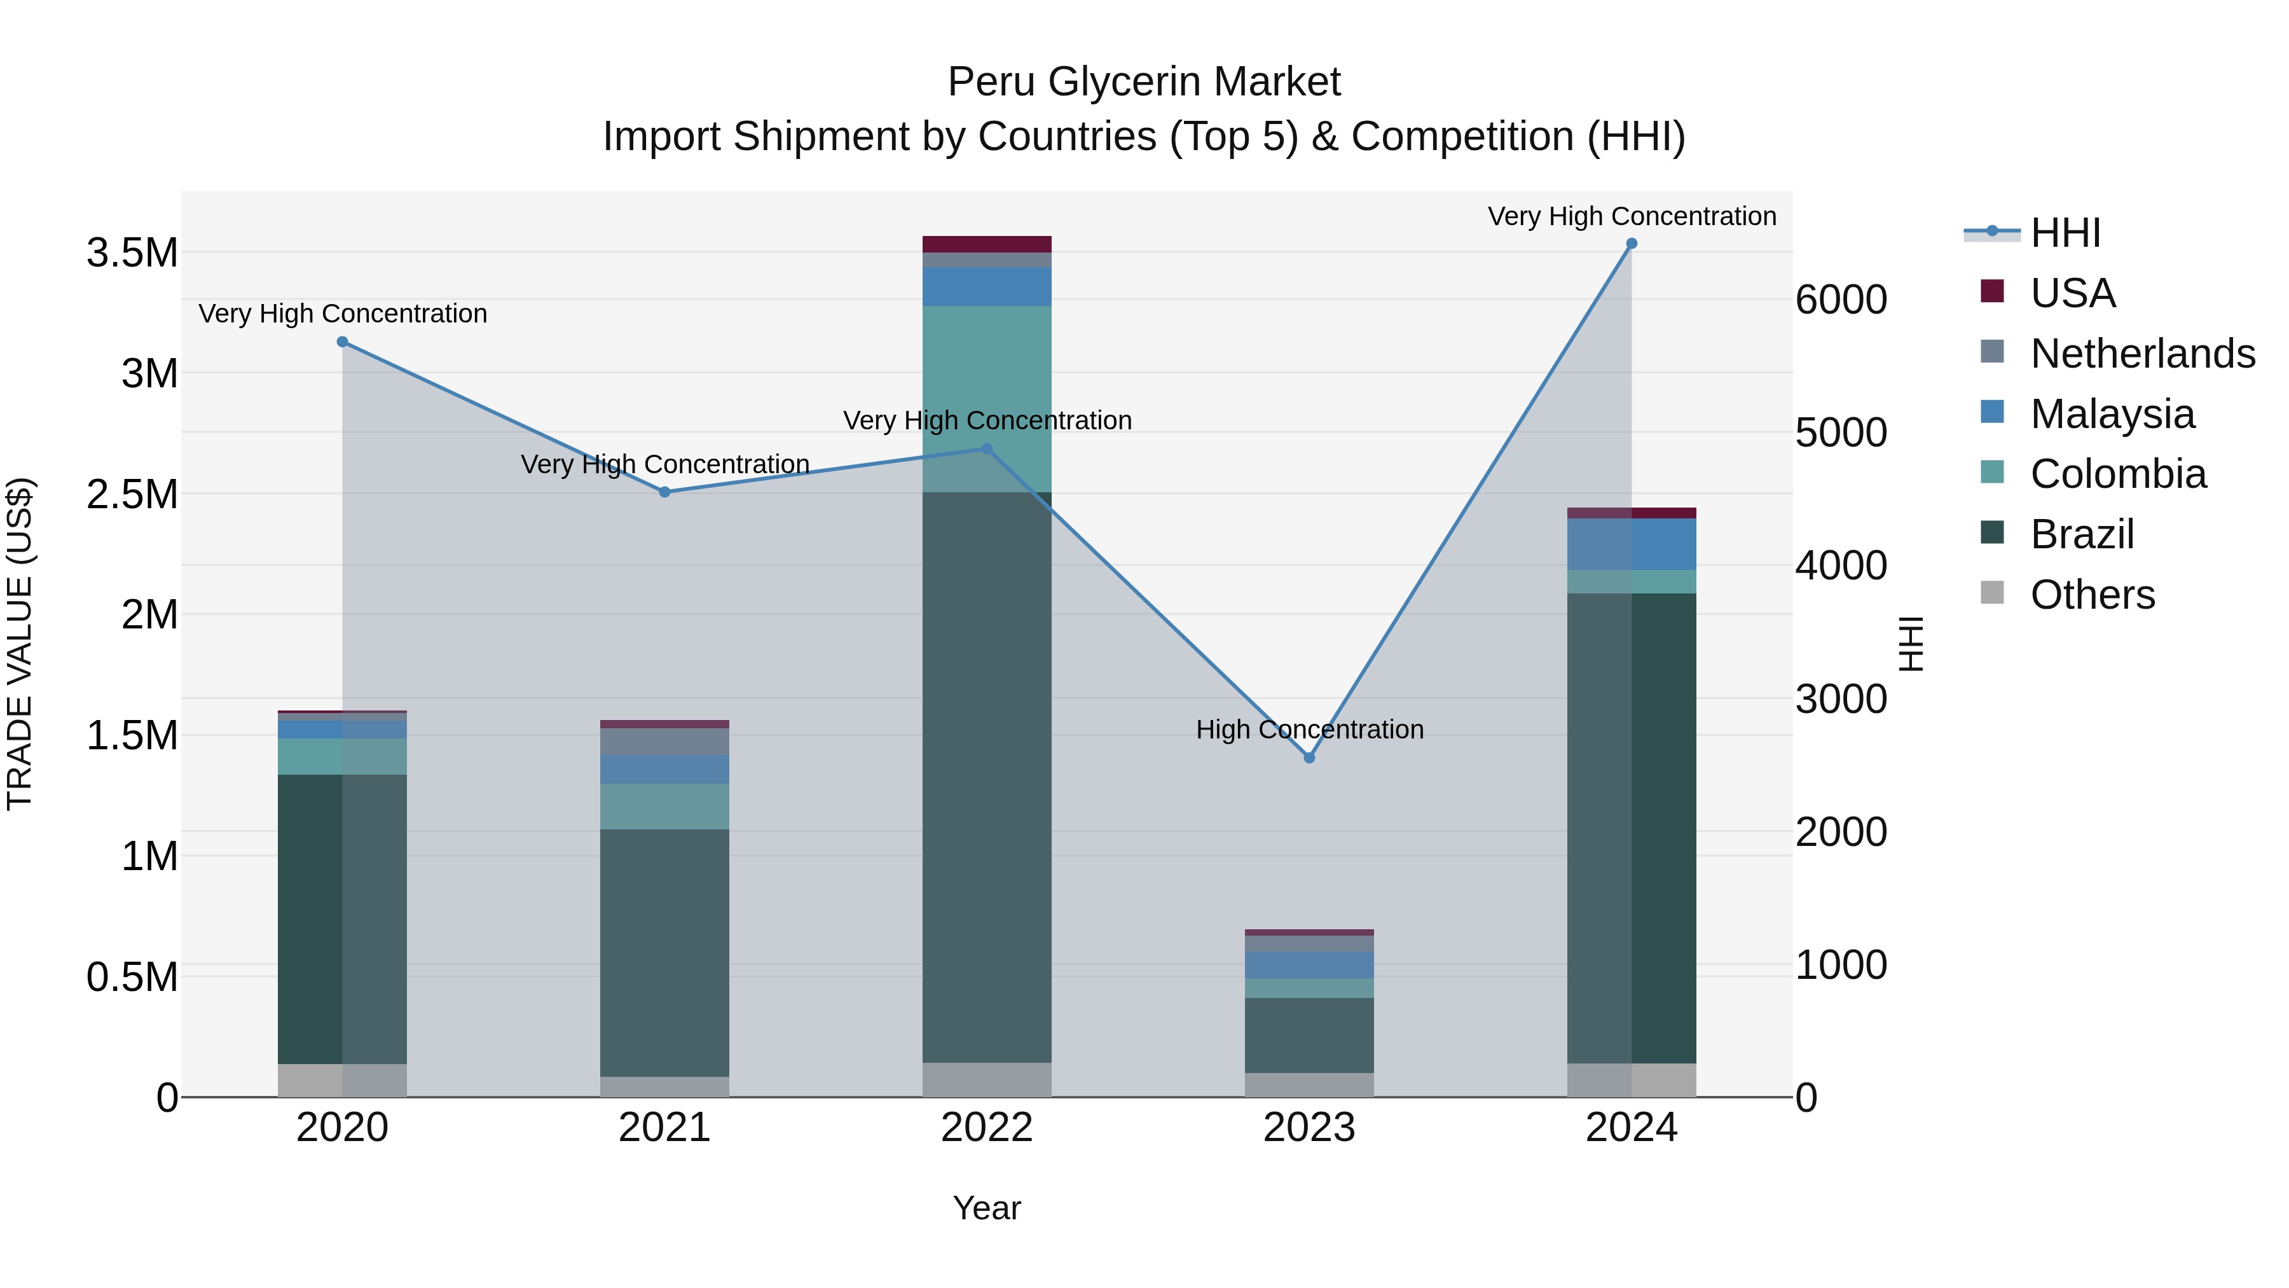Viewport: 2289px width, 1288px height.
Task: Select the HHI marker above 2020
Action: click(342, 342)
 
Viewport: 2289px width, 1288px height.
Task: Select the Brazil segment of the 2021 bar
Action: click(664, 951)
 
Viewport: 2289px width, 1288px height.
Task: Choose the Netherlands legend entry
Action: click(2141, 354)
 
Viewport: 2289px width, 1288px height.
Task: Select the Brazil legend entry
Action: click(2081, 534)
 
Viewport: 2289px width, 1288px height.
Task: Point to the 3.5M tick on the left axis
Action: click(132, 253)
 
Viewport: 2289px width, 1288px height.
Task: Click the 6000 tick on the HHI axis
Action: click(1840, 300)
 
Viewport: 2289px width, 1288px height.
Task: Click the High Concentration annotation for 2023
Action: click(1309, 729)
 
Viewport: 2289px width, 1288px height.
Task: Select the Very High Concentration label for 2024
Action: click(1632, 216)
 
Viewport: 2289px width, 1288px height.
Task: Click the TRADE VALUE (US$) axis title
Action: click(20, 644)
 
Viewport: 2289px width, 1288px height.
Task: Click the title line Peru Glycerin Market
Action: click(1144, 82)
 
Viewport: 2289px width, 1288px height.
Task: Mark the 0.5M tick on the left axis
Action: click(132, 977)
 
